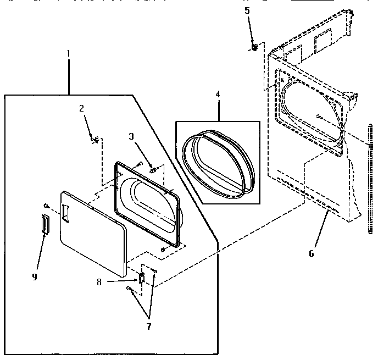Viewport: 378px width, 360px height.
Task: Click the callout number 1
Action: pos(68,53)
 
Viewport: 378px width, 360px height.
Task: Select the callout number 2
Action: pos(81,108)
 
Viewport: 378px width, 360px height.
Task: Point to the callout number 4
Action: pos(218,94)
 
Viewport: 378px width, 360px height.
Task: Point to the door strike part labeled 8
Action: pos(141,279)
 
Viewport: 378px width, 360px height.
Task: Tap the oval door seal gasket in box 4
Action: pos(219,163)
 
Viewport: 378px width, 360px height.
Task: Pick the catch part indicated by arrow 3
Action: pos(153,169)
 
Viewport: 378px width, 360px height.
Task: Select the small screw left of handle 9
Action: pos(47,206)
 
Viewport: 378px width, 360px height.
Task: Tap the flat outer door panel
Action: pos(93,236)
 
